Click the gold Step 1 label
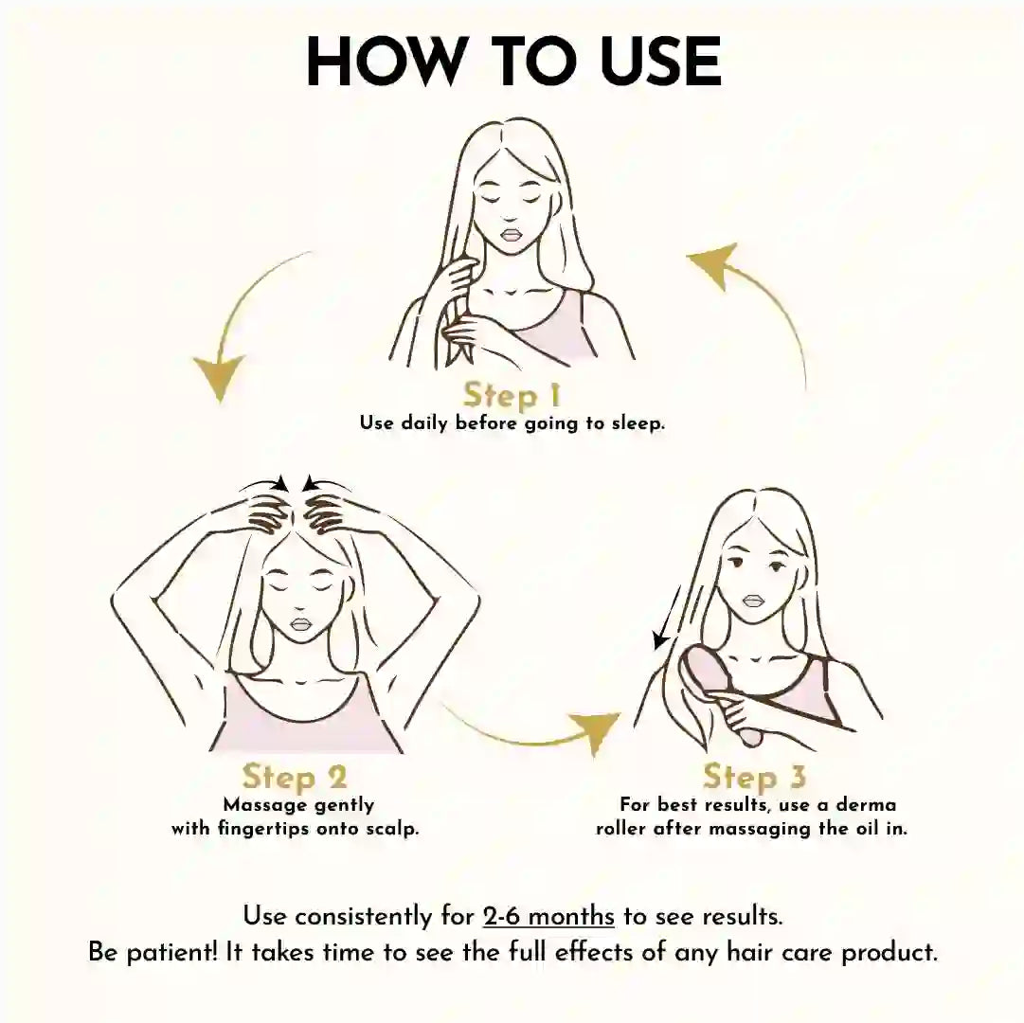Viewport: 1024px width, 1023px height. coord(512,396)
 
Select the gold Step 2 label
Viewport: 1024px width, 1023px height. coord(295,777)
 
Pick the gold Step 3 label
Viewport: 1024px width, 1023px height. coord(754,777)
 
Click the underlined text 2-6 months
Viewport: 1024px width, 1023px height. coord(548,916)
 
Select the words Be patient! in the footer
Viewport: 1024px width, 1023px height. coord(153,953)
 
